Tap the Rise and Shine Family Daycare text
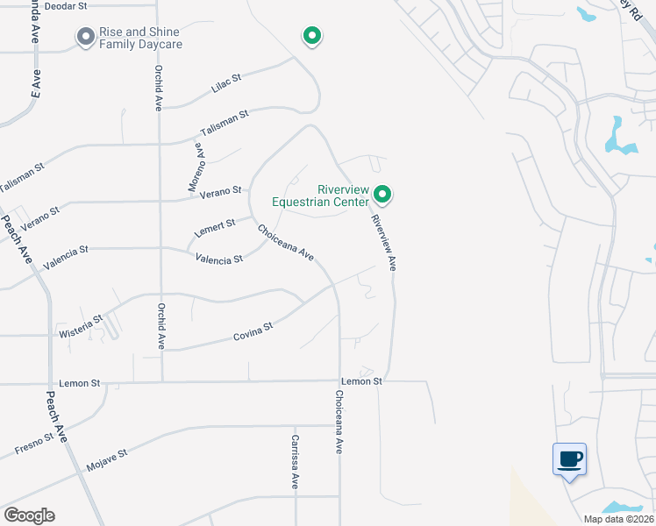pyautogui.click(x=140, y=38)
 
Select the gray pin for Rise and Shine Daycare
pyautogui.click(x=85, y=37)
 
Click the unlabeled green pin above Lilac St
pyautogui.click(x=311, y=35)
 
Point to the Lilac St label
pyautogui.click(x=226, y=83)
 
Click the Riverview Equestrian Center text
pyautogui.click(x=320, y=195)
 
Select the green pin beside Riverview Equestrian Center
pyautogui.click(x=382, y=193)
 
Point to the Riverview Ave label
pyautogui.click(x=384, y=242)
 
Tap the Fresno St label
pyautogui.click(x=34, y=444)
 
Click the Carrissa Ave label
pyautogui.click(x=296, y=461)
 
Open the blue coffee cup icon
pyautogui.click(x=569, y=458)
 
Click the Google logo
pyautogui.click(x=29, y=515)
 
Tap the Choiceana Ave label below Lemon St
pyautogui.click(x=339, y=422)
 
